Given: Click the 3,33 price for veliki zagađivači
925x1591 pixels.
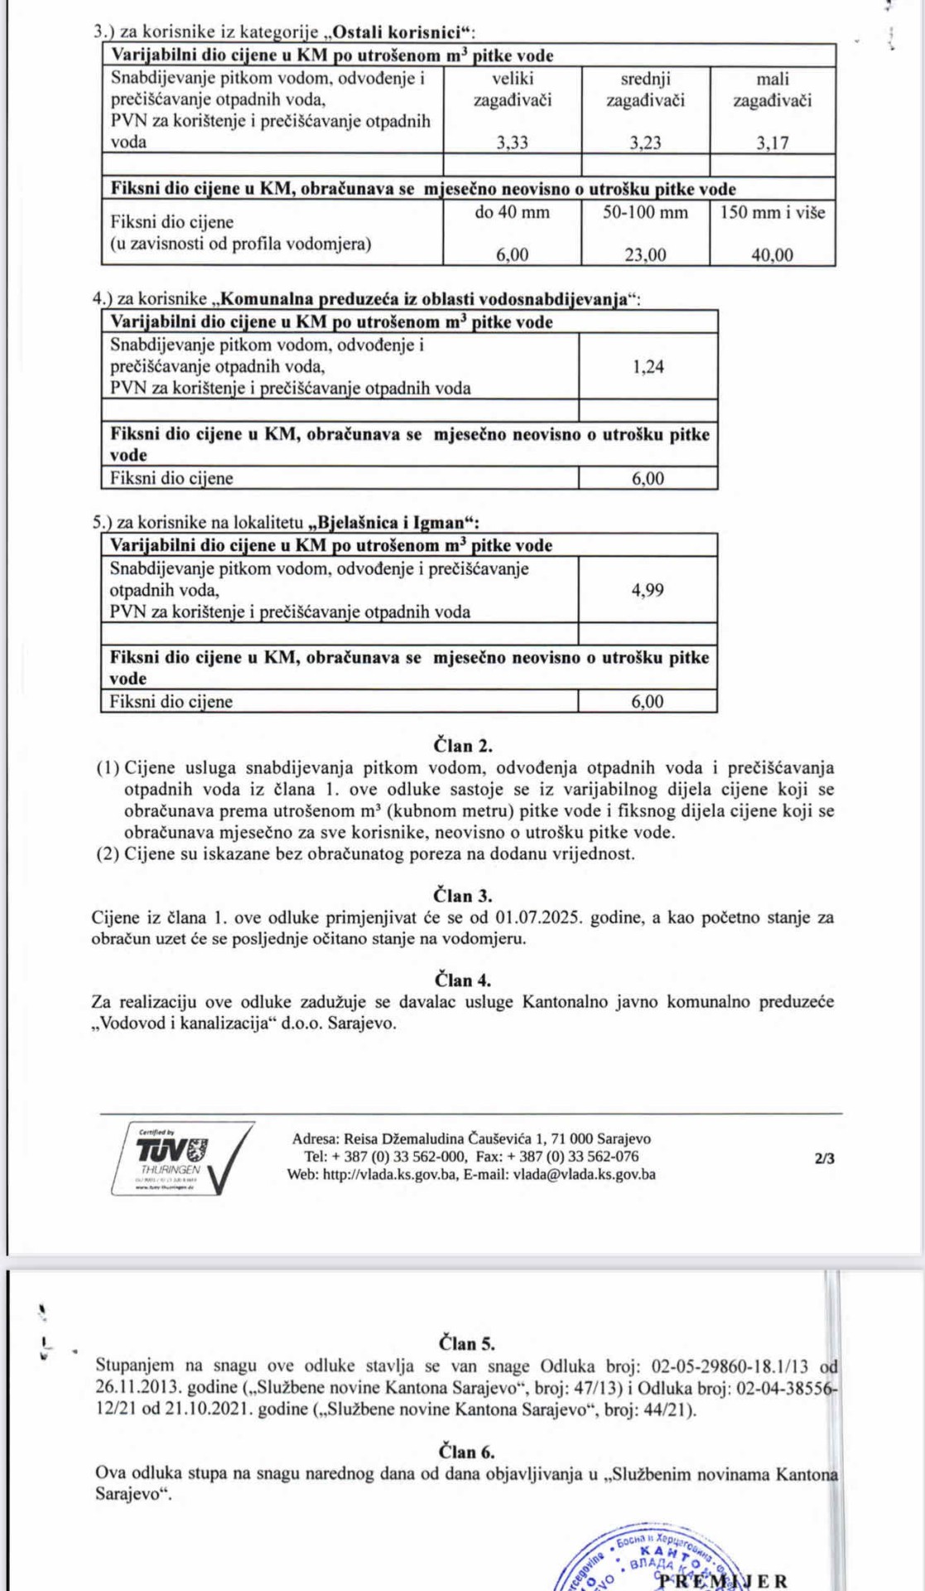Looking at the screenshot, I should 512,143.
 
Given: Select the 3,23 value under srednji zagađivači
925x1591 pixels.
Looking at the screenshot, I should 645,143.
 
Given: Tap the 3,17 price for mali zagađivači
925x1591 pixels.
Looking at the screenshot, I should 772,143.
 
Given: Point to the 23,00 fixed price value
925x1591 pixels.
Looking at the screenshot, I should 645,255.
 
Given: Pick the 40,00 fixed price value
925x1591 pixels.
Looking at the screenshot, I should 772,255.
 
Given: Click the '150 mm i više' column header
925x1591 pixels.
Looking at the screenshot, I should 772,212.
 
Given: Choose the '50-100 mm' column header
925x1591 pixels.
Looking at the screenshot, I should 645,212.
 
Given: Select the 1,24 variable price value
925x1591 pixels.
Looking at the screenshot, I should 648,366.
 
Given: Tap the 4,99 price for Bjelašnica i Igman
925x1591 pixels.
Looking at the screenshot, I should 648,590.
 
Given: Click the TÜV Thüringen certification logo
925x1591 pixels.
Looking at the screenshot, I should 183,1158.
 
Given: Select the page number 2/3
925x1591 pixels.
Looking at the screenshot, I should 825,1158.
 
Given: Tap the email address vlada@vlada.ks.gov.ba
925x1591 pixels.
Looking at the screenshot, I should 585,1174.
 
